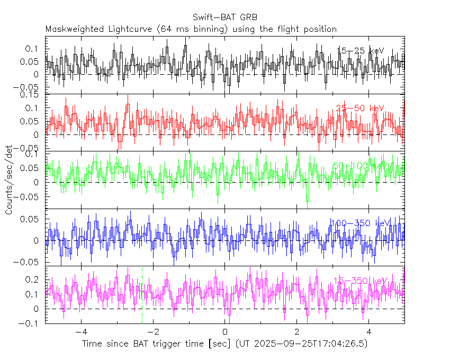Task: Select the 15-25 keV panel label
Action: tap(360, 51)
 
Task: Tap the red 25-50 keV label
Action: tap(360, 109)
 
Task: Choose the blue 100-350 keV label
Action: tap(359, 223)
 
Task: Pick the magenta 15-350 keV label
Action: tap(360, 281)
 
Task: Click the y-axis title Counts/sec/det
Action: tap(9, 180)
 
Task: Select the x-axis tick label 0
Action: tap(226, 332)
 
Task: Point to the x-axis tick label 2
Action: tap(298, 332)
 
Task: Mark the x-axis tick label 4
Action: tap(370, 332)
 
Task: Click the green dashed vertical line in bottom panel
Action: tap(142, 296)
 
